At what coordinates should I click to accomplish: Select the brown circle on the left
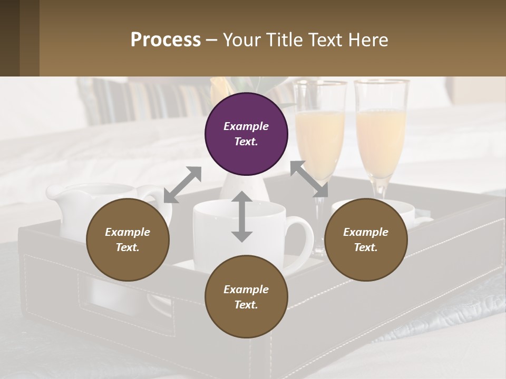point(128,240)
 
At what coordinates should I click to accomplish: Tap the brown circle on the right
point(366,240)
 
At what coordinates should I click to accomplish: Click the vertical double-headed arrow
point(241,216)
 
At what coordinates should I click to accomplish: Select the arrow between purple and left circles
point(182,184)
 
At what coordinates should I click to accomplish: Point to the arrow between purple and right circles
point(309,178)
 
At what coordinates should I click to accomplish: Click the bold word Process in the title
point(166,39)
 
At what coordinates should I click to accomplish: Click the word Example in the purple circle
point(246,126)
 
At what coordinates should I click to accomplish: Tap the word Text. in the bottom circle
point(246,305)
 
